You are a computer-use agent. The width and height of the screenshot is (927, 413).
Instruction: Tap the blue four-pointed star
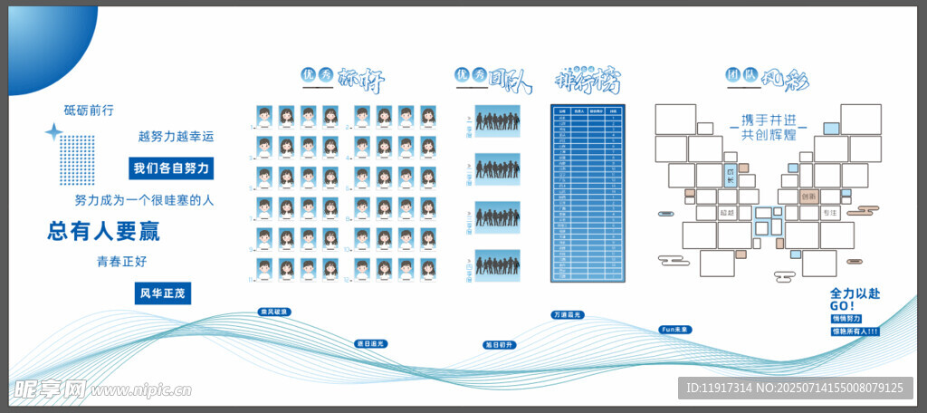(x=53, y=133)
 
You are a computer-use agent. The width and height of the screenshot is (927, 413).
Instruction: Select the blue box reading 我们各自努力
(x=171, y=168)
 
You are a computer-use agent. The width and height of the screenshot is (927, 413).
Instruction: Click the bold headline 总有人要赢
(x=103, y=232)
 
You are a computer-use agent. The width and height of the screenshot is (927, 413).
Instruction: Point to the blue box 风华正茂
(x=163, y=293)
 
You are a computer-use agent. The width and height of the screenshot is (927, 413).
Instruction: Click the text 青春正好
(x=122, y=262)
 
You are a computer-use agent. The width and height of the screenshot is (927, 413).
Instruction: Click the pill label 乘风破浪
(x=273, y=312)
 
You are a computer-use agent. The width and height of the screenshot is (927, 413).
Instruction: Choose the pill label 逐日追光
(x=371, y=343)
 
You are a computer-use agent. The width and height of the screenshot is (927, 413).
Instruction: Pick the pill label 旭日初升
(x=499, y=345)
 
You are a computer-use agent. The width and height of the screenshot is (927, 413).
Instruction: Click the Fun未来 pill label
(x=675, y=329)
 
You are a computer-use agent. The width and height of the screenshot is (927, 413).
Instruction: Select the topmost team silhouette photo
(x=497, y=120)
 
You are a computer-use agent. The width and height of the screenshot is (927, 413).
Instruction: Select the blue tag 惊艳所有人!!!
(x=855, y=331)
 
